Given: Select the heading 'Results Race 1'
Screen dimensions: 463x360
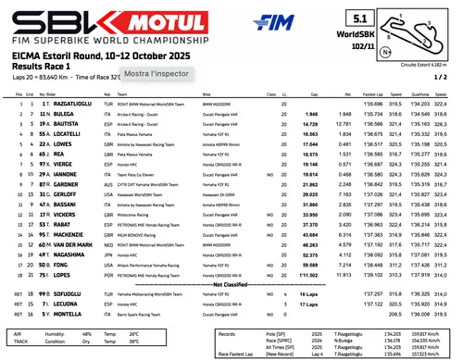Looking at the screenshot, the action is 45,68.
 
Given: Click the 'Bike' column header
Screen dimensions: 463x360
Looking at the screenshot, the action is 206,94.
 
